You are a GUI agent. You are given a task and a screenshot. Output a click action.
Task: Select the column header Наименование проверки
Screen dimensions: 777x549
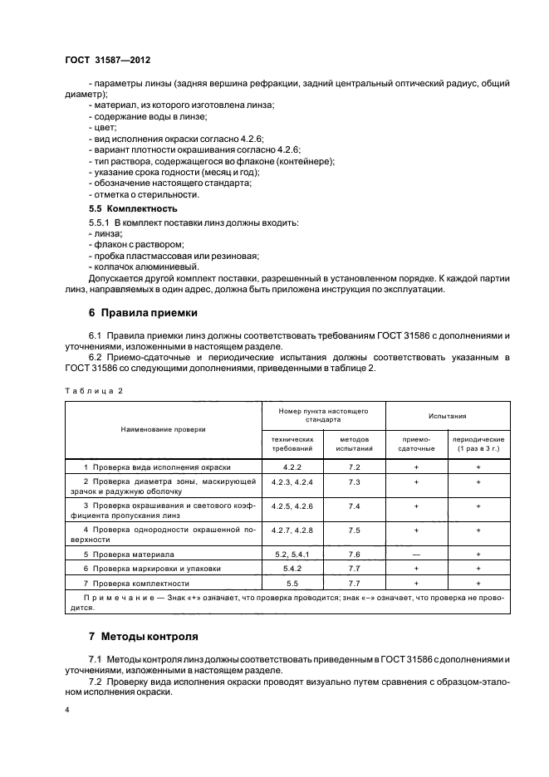[x=163, y=429]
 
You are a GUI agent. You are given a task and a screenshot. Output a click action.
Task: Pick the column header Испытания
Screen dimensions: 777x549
[x=447, y=415]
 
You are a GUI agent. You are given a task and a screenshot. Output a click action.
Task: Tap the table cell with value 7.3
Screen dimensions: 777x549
[x=353, y=481]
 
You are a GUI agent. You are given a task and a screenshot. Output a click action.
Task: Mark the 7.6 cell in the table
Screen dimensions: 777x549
[x=353, y=554]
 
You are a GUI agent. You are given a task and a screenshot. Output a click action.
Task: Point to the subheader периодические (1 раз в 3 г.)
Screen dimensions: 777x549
[x=479, y=443]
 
